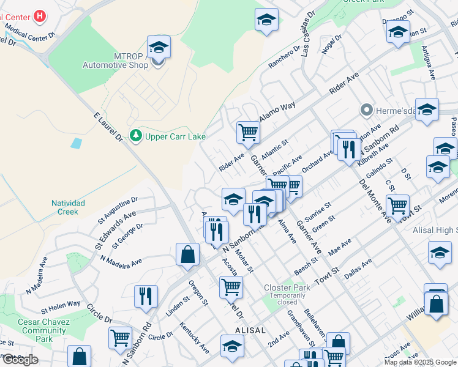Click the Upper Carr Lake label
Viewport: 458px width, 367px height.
tap(175, 136)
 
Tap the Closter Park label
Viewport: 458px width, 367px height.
tap(287, 287)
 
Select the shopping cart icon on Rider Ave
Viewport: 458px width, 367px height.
tap(248, 132)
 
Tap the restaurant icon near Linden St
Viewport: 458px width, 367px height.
tap(146, 296)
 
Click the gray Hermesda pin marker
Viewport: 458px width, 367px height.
tap(367, 110)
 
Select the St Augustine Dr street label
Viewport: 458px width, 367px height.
tap(119, 208)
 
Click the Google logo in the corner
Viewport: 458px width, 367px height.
tap(20, 360)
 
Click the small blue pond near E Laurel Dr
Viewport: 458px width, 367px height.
tap(76, 144)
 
